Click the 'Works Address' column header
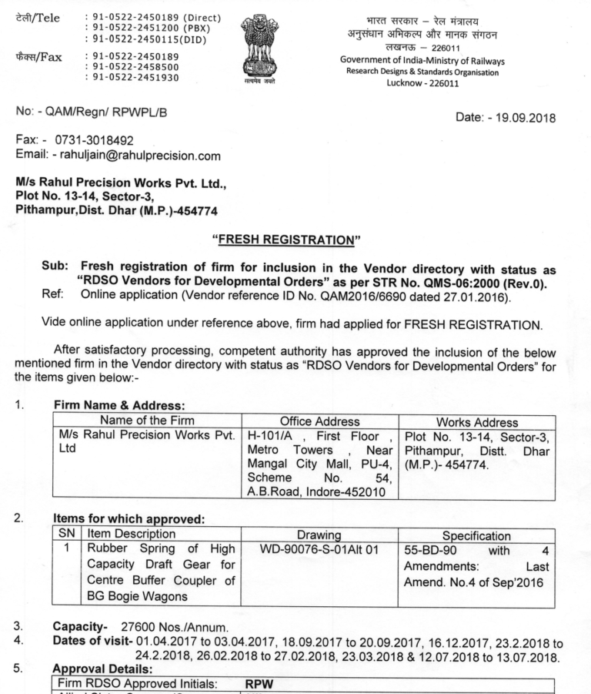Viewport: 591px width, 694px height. tap(465, 421)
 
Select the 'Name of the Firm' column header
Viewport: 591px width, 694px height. tap(149, 421)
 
